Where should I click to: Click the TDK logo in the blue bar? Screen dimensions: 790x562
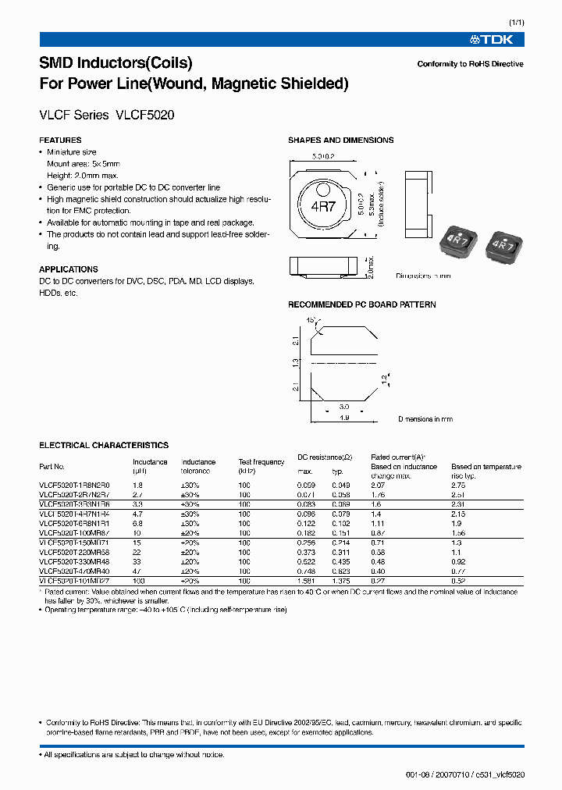[x=496, y=39]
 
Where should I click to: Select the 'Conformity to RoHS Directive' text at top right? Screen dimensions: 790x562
[x=470, y=64]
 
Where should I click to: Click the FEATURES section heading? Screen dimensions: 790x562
[x=60, y=141]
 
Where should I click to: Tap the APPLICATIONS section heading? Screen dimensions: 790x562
[x=69, y=269]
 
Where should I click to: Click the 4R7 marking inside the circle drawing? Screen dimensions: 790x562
[x=322, y=208]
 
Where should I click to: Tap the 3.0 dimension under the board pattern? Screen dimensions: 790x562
[x=343, y=407]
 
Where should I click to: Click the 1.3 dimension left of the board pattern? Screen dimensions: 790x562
[x=295, y=363]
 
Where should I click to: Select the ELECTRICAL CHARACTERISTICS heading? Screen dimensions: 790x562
[x=104, y=446]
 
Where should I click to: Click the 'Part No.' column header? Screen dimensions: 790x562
[x=52, y=467]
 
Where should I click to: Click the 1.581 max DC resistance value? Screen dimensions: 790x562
[x=307, y=581]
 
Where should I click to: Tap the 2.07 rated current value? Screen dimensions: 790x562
[x=379, y=486]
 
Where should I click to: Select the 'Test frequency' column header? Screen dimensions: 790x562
[x=261, y=462]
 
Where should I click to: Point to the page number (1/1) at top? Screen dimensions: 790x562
[x=515, y=23]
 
